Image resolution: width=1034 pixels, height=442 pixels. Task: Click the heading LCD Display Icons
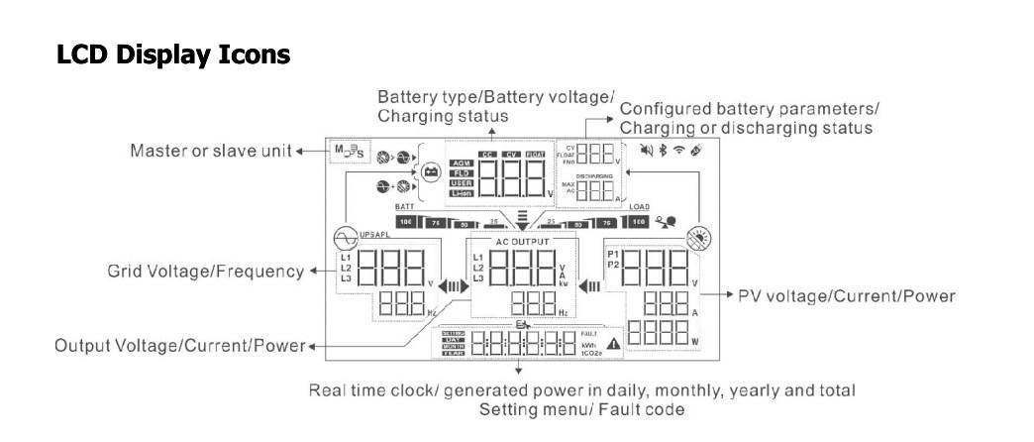[x=173, y=55]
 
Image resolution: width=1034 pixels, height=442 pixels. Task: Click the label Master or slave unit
[x=211, y=151]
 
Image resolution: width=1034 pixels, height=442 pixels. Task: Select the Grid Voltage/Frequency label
[x=206, y=271]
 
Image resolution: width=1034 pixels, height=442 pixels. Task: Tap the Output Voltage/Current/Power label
[x=179, y=346]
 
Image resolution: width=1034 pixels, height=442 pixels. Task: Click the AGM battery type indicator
[x=461, y=164]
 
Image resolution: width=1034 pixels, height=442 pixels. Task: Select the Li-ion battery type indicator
[x=461, y=193]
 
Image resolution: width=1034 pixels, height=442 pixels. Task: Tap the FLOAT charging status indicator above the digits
[x=535, y=154]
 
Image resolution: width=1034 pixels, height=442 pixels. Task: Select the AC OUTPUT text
[x=522, y=242]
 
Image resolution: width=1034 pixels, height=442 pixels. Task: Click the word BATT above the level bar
[x=403, y=207]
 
